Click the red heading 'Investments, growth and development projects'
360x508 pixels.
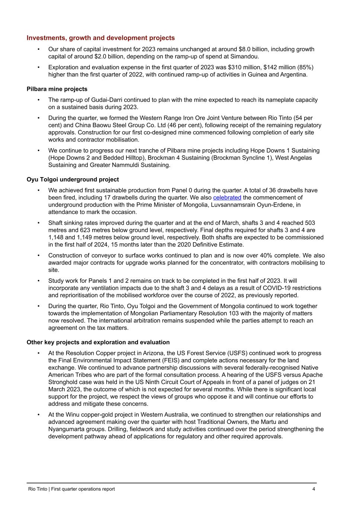tap(100, 38)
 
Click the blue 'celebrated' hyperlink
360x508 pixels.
tap(227, 198)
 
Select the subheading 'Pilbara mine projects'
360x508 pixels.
tap(57, 89)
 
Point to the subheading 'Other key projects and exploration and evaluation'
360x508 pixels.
tap(98, 342)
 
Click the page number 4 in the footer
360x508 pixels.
tap(314, 489)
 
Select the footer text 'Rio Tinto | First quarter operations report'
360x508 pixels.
tap(71, 489)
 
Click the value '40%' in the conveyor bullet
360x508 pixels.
tap(266, 255)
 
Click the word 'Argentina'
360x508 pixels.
tap(293, 74)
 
